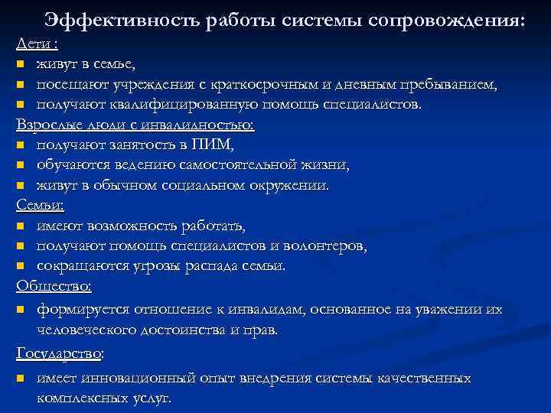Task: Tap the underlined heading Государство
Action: [x=58, y=353]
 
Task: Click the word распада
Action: [x=202, y=265]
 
